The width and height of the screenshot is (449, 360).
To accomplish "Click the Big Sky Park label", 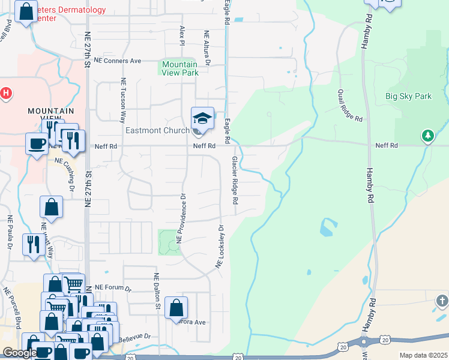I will pyautogui.click(x=408, y=96).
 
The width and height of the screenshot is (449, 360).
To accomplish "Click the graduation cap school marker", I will pyautogui.click(x=202, y=118).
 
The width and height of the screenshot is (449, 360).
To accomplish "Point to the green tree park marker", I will pyautogui.click(x=427, y=136).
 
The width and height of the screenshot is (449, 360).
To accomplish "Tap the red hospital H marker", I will pyautogui.click(x=6, y=93).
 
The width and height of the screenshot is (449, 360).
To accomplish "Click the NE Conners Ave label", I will pyautogui.click(x=117, y=61).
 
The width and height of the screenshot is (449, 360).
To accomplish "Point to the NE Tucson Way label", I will pyautogui.click(x=124, y=100).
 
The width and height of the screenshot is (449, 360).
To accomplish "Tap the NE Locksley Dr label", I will pyautogui.click(x=220, y=247).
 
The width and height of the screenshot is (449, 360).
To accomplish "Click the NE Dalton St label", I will pyautogui.click(x=157, y=292).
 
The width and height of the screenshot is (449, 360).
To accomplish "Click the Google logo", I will pyautogui.click(x=20, y=353).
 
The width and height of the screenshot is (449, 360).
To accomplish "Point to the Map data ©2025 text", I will pyautogui.click(x=424, y=355).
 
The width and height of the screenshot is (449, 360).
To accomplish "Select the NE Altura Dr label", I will pyautogui.click(x=207, y=48).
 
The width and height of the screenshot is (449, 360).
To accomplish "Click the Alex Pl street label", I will pyautogui.click(x=182, y=35).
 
